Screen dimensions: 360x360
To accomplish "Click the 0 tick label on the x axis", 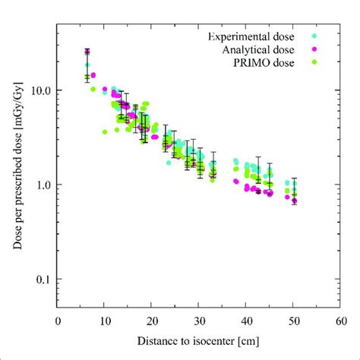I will point(58,321).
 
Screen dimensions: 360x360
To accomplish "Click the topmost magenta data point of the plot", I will point(87,52).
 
